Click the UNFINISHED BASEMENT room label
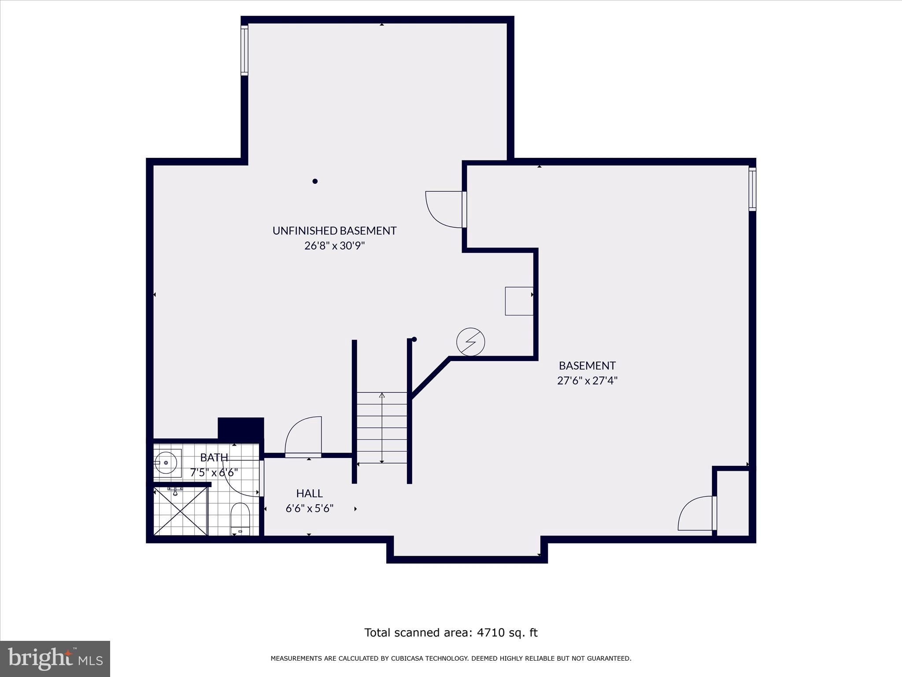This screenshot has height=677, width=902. (x=334, y=231)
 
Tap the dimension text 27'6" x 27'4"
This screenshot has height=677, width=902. (x=587, y=380)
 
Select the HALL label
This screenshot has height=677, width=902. (x=309, y=493)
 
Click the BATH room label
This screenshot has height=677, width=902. (x=214, y=457)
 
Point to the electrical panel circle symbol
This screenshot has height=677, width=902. (x=470, y=342)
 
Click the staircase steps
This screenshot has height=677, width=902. (x=382, y=428)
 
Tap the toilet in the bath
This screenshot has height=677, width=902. (x=240, y=518)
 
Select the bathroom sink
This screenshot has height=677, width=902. (x=166, y=463)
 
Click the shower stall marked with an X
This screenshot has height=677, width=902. (x=180, y=510)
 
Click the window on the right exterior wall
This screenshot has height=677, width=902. (x=752, y=189)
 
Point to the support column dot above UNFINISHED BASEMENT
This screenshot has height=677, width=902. (x=315, y=181)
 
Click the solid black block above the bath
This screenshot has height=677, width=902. (x=241, y=428)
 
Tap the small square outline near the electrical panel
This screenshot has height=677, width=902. (x=519, y=301)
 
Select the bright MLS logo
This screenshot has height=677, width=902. (x=55, y=658)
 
